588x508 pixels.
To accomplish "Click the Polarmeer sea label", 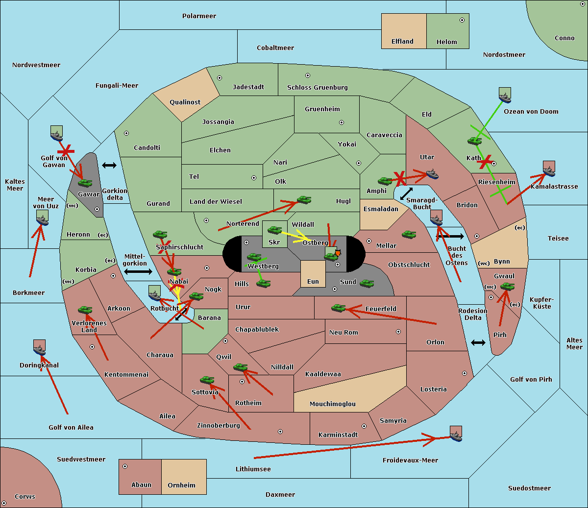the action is coord(199,16).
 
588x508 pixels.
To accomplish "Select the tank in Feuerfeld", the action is coord(338,308).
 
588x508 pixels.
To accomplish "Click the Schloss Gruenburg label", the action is coord(317,87).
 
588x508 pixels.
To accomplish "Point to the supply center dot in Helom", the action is coord(462,20).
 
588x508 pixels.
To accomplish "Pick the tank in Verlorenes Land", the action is coord(85,310).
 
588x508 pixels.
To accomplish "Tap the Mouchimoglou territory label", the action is coord(333,404).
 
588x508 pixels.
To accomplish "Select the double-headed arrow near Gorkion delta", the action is coord(109,165).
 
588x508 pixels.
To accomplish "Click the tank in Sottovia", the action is coord(207,380).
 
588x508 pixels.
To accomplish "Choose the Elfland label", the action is coord(402,42).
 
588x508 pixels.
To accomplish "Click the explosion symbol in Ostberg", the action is coord(338,253).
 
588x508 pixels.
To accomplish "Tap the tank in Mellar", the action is coord(409,234).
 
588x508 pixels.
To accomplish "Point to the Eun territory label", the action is coord(313,282).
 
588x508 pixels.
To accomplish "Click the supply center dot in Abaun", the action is coord(125,466).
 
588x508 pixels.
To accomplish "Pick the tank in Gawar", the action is coord(85,183).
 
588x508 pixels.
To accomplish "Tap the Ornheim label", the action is coord(181,485).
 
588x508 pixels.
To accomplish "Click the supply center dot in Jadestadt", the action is coord(220,78).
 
